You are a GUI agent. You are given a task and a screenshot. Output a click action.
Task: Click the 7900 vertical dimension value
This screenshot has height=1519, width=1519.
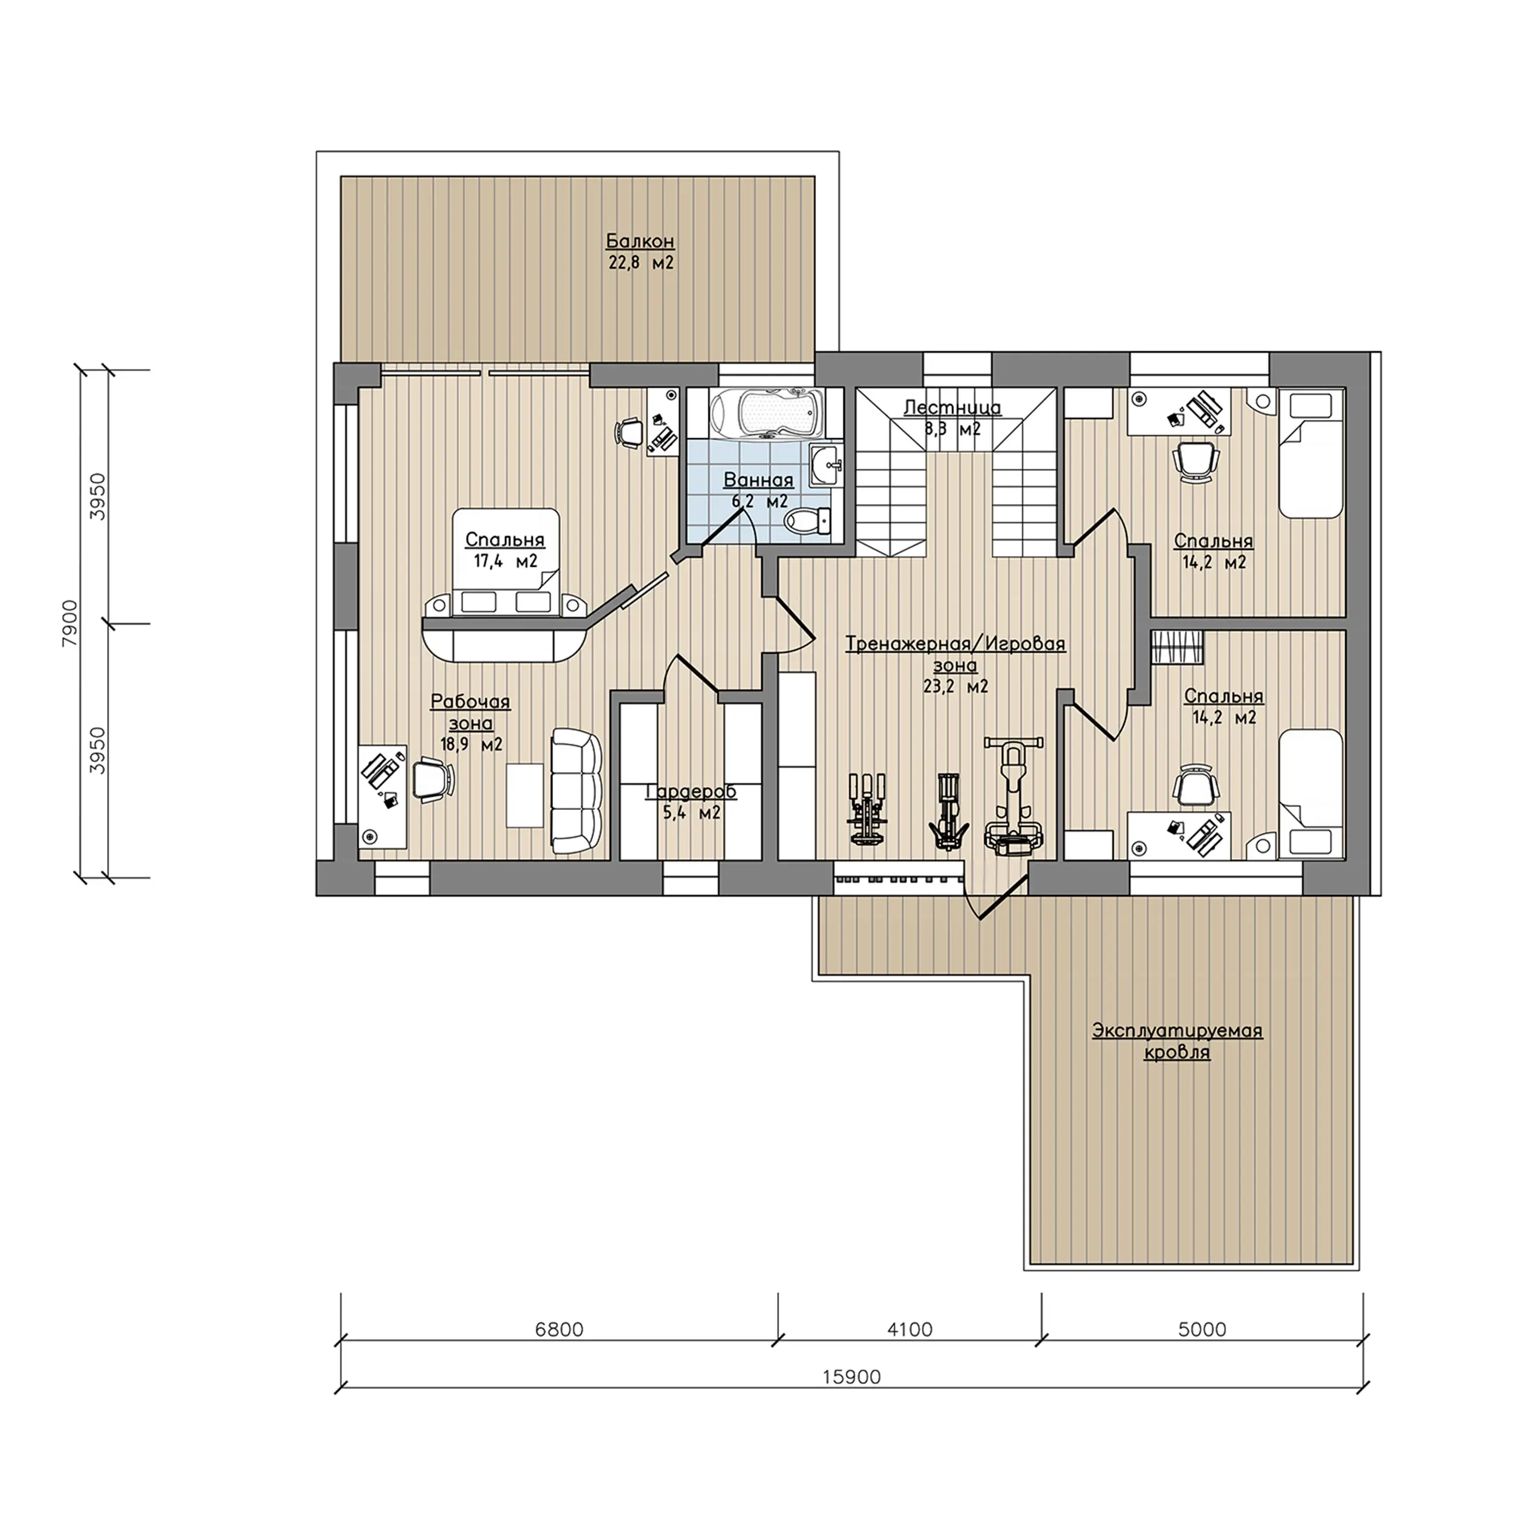coord(70,623)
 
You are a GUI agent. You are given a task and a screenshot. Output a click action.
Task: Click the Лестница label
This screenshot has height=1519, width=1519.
coord(952,407)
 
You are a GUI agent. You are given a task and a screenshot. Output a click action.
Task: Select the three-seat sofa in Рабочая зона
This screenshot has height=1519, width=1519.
coord(576,791)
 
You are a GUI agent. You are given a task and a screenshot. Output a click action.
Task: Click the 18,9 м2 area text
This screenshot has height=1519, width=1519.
coord(471,744)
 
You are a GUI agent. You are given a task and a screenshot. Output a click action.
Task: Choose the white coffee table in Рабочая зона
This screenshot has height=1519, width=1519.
coord(524,795)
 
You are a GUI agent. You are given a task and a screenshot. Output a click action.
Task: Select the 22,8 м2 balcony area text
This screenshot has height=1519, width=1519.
coord(641,262)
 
